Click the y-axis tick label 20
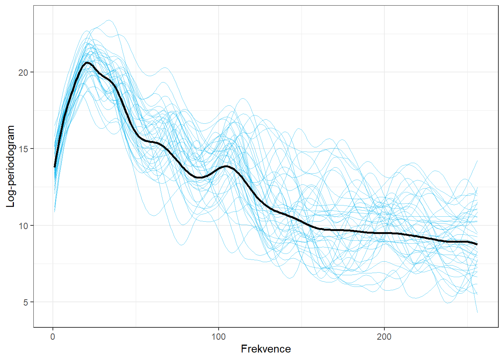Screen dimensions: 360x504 23,72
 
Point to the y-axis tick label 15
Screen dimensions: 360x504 23,149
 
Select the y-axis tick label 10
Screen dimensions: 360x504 23,226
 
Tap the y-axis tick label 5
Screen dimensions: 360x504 25,302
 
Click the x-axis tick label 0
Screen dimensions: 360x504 53,337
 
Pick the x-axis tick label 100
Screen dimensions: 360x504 219,337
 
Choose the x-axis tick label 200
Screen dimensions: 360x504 384,337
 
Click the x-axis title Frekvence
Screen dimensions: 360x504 265,349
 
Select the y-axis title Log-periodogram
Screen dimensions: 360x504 10,166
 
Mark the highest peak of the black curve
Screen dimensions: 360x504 87,63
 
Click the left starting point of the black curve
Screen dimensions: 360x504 55,167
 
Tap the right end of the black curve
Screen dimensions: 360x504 477,244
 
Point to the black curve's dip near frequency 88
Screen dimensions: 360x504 199,177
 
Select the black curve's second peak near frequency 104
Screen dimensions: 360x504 226,166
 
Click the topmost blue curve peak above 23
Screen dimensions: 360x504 109,20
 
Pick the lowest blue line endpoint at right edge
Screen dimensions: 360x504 477,312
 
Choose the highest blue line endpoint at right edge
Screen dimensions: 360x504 477,160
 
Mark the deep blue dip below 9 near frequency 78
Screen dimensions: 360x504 181,245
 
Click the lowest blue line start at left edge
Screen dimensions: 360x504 55,212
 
